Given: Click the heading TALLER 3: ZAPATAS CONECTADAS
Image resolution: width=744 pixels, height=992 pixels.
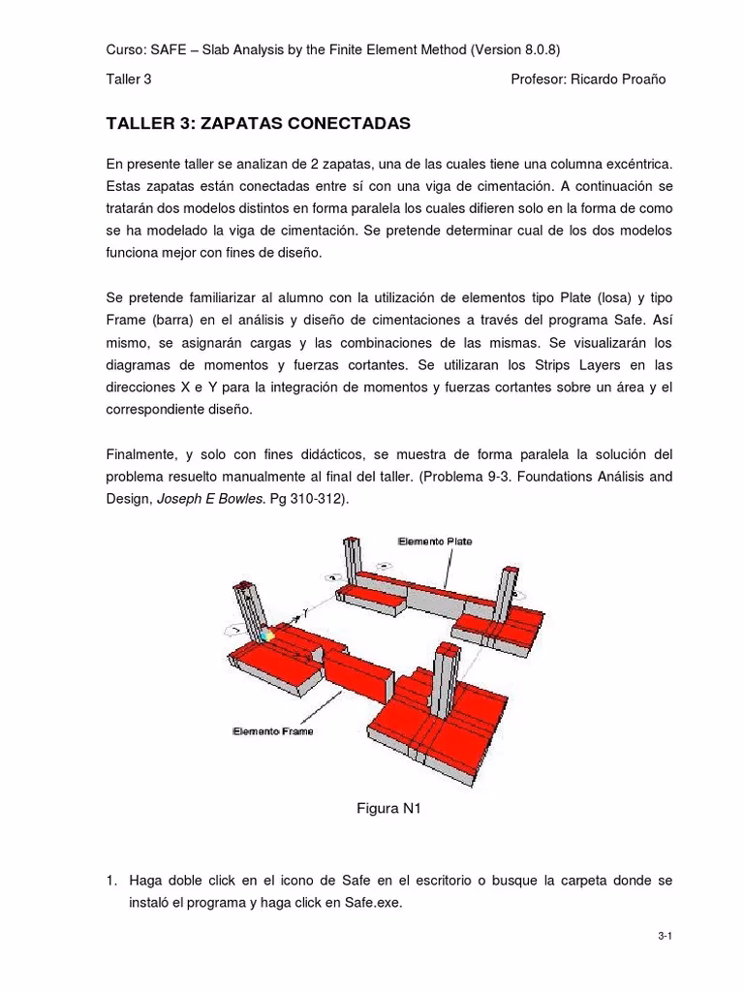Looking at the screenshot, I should [x=258, y=124].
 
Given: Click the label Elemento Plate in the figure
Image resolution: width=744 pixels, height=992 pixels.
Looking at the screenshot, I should [x=434, y=542].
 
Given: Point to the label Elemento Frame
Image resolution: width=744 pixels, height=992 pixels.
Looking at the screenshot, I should [x=272, y=731].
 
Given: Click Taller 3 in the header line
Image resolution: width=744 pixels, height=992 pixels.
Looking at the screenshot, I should [x=128, y=79].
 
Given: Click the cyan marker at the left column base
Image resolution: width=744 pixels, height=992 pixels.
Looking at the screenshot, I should [x=263, y=635].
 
